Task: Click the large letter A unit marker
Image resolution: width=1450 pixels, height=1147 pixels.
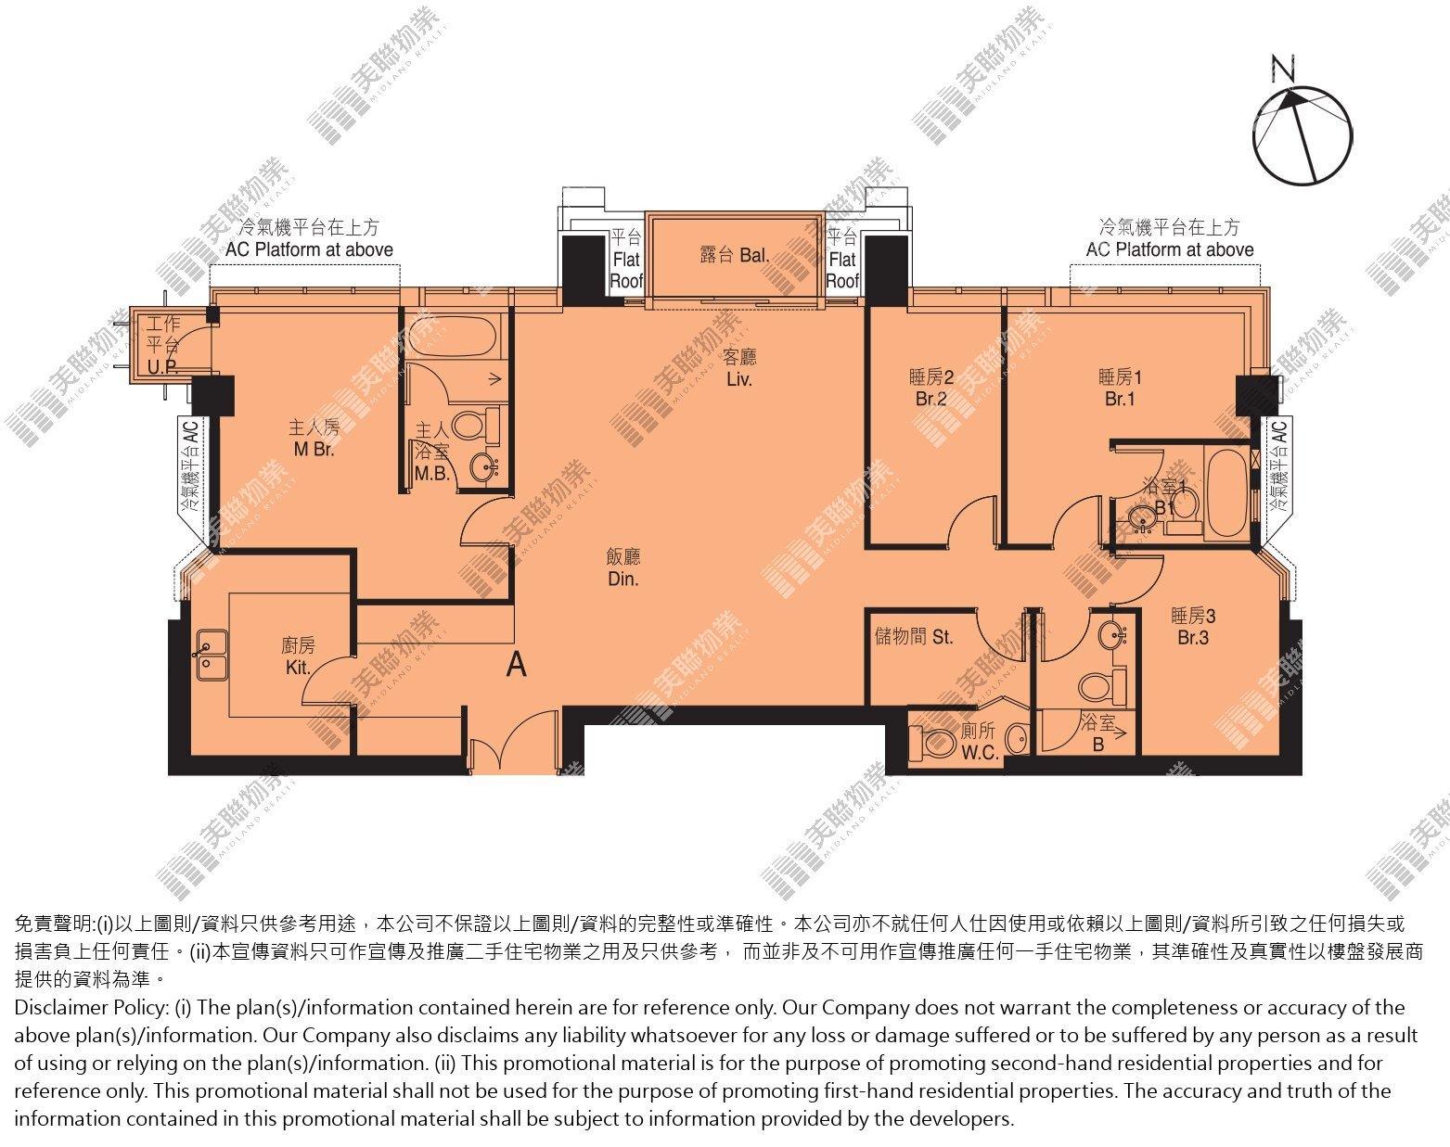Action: coord(516,665)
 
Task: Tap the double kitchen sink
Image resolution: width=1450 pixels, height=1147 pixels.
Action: coord(212,656)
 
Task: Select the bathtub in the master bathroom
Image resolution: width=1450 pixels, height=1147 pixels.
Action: coord(453,336)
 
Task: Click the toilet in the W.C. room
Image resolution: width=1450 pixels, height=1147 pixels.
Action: coord(934,743)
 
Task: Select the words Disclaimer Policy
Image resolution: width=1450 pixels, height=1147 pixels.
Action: coord(91,1008)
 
